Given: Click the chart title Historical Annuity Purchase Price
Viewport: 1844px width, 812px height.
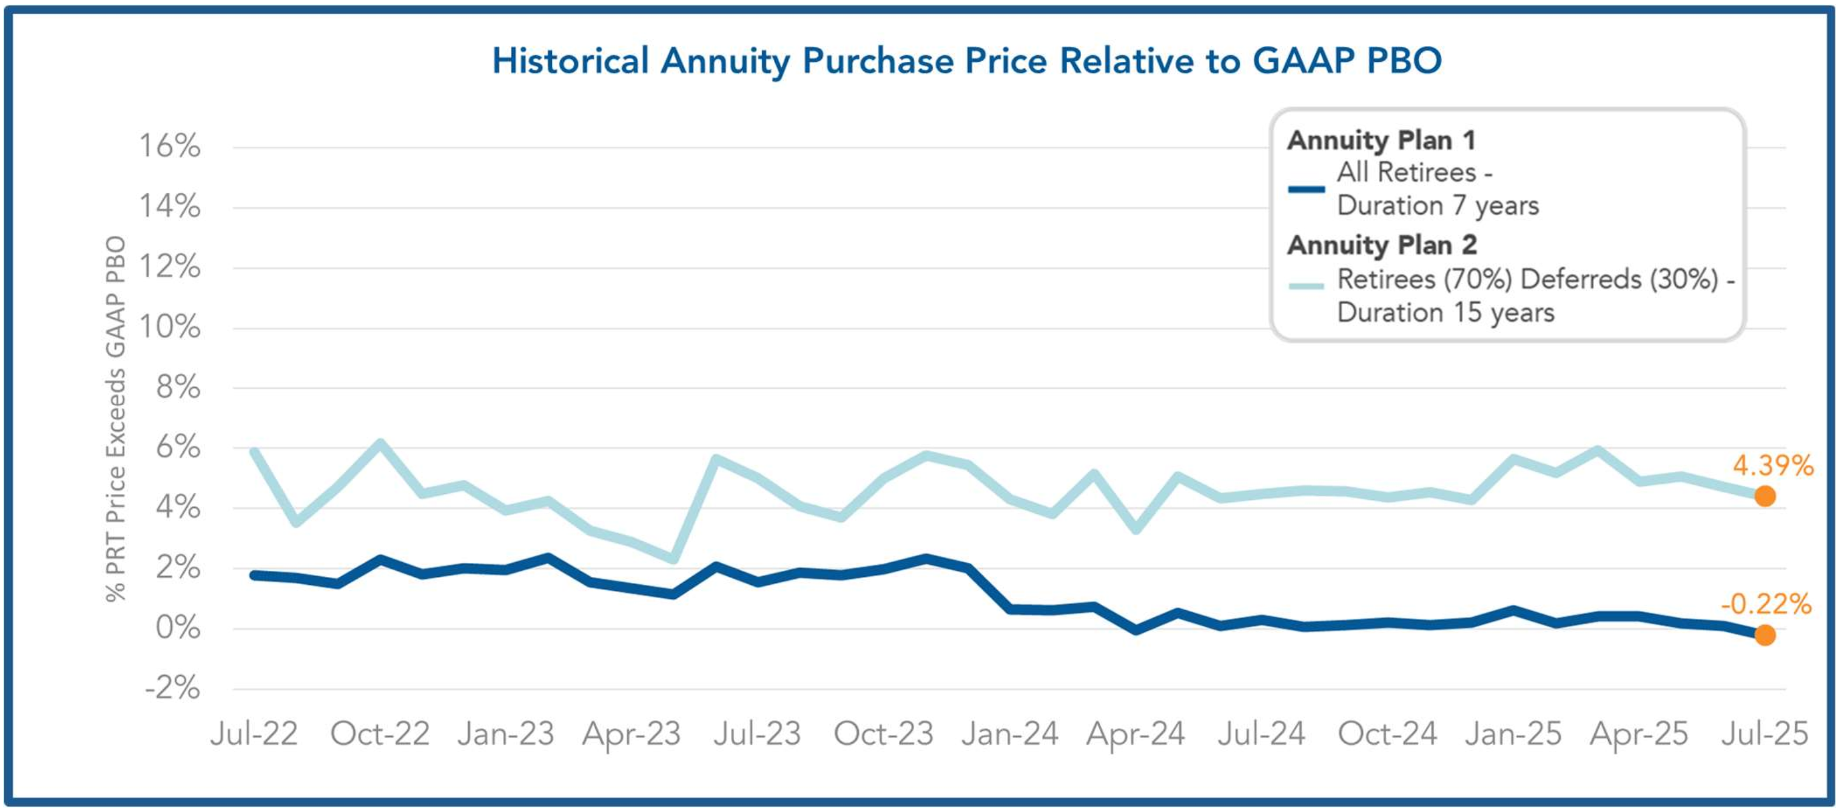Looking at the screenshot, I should click(x=966, y=61).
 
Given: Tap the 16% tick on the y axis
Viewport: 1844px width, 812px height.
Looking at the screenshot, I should click(x=170, y=146).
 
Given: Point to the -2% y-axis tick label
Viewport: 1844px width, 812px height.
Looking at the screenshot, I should click(x=172, y=688).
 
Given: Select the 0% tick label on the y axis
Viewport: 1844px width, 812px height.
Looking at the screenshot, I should click(x=178, y=628).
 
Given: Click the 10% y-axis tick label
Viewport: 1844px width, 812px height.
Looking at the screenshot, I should click(x=170, y=327).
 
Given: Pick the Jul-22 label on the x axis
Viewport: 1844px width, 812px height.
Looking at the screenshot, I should click(x=254, y=734).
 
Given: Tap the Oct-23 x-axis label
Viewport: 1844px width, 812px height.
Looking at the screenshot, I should click(x=883, y=734).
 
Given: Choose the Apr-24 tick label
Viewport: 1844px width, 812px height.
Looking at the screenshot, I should click(x=1136, y=734).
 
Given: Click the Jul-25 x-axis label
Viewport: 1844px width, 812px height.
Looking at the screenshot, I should click(x=1765, y=734).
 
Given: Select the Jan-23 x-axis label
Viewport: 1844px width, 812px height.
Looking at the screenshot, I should click(x=506, y=734).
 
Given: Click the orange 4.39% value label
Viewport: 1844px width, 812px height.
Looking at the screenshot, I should click(x=1772, y=466).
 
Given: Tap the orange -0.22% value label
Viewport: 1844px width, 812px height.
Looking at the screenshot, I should click(x=1766, y=605).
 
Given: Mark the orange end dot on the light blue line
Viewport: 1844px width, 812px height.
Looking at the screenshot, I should click(x=1765, y=496).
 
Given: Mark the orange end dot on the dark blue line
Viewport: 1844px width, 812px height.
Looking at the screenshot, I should click(x=1765, y=634).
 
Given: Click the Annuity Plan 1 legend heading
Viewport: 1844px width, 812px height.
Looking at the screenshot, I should click(x=1381, y=140).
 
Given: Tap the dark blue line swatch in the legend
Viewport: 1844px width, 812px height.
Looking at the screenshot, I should click(x=1307, y=190).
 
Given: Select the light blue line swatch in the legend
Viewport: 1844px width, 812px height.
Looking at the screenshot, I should click(x=1307, y=286).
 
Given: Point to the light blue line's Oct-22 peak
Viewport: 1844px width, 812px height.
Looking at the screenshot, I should click(x=380, y=444).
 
